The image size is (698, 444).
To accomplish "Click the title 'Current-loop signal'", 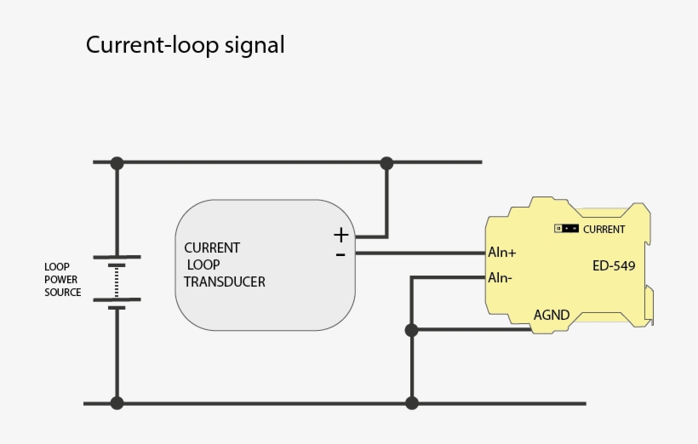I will pyautogui.click(x=185, y=45).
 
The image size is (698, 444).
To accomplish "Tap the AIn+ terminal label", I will pyautogui.click(x=502, y=253).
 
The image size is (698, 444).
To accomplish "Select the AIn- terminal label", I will pyautogui.click(x=501, y=277).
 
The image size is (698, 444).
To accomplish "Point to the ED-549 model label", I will pyautogui.click(x=614, y=265).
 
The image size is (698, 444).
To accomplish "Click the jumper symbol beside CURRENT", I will pyautogui.click(x=566, y=229).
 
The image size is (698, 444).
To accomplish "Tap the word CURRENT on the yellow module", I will pyautogui.click(x=604, y=230).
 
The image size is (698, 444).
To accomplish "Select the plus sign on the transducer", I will pyautogui.click(x=340, y=235).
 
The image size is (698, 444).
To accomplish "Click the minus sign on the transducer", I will pyautogui.click(x=340, y=253).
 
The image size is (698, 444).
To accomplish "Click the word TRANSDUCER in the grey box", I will pyautogui.click(x=225, y=282).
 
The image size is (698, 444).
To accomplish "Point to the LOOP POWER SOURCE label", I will pyautogui.click(x=63, y=280).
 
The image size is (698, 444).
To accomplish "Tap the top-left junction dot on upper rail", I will pyautogui.click(x=117, y=162).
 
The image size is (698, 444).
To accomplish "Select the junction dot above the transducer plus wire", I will pyautogui.click(x=387, y=162).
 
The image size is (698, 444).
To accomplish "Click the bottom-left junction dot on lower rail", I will pyautogui.click(x=117, y=403).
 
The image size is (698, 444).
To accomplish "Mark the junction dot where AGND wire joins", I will pyautogui.click(x=412, y=330).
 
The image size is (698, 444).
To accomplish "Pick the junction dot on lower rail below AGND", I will pyautogui.click(x=412, y=403).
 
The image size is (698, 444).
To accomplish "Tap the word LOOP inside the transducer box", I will pyautogui.click(x=205, y=265).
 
